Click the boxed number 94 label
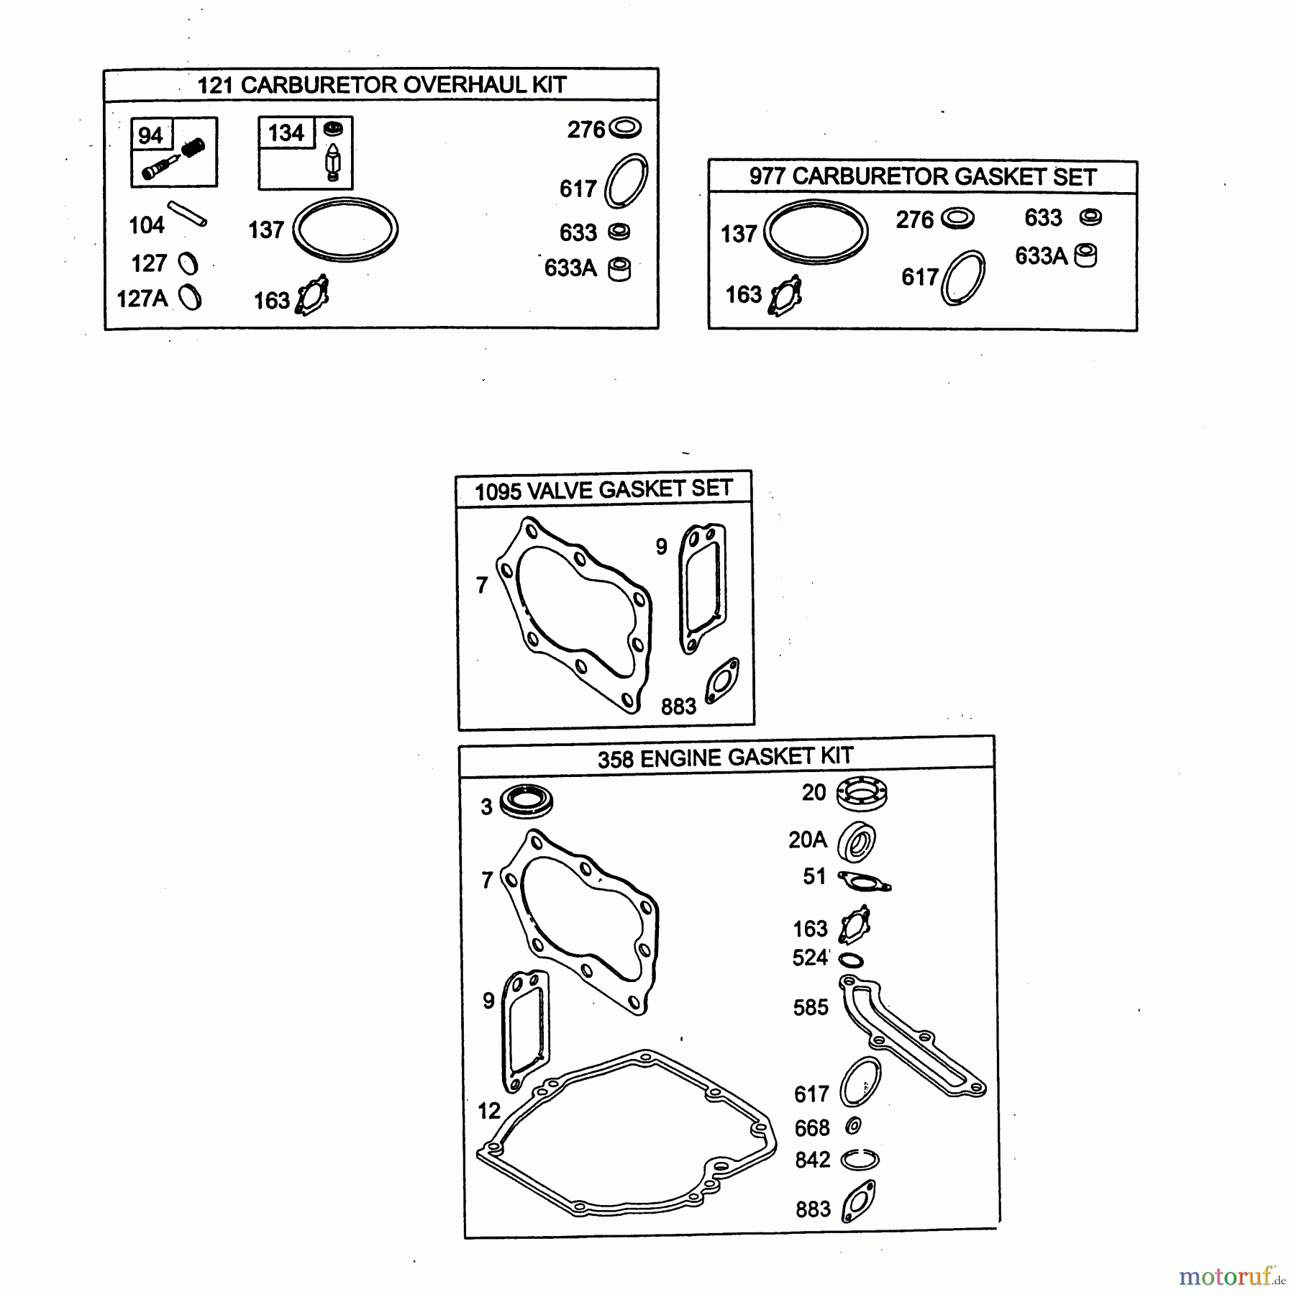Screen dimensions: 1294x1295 tap(150, 135)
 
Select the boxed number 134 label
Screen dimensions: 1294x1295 tap(286, 133)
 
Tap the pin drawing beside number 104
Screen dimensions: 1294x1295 tap(188, 214)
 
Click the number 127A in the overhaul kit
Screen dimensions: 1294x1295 tap(142, 299)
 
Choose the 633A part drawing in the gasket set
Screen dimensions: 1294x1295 tap(1085, 255)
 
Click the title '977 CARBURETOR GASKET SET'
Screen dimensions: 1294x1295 tap(923, 176)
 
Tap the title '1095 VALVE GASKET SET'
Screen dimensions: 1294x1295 tap(603, 490)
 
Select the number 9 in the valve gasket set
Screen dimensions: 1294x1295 tap(662, 547)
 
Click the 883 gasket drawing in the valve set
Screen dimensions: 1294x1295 tap(721, 681)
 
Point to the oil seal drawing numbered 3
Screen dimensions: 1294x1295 tap(527, 801)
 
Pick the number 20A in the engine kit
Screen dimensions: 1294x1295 tap(808, 840)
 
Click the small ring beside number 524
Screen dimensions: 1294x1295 tap(851, 960)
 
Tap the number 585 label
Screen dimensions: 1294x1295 tap(811, 1007)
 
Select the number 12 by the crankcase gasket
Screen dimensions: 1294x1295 tap(489, 1111)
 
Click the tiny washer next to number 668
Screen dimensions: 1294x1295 tap(854, 1125)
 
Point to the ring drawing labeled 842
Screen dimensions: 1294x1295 tap(860, 1160)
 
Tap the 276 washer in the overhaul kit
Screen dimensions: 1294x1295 tap(624, 128)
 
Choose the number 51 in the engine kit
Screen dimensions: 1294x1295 tap(814, 876)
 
